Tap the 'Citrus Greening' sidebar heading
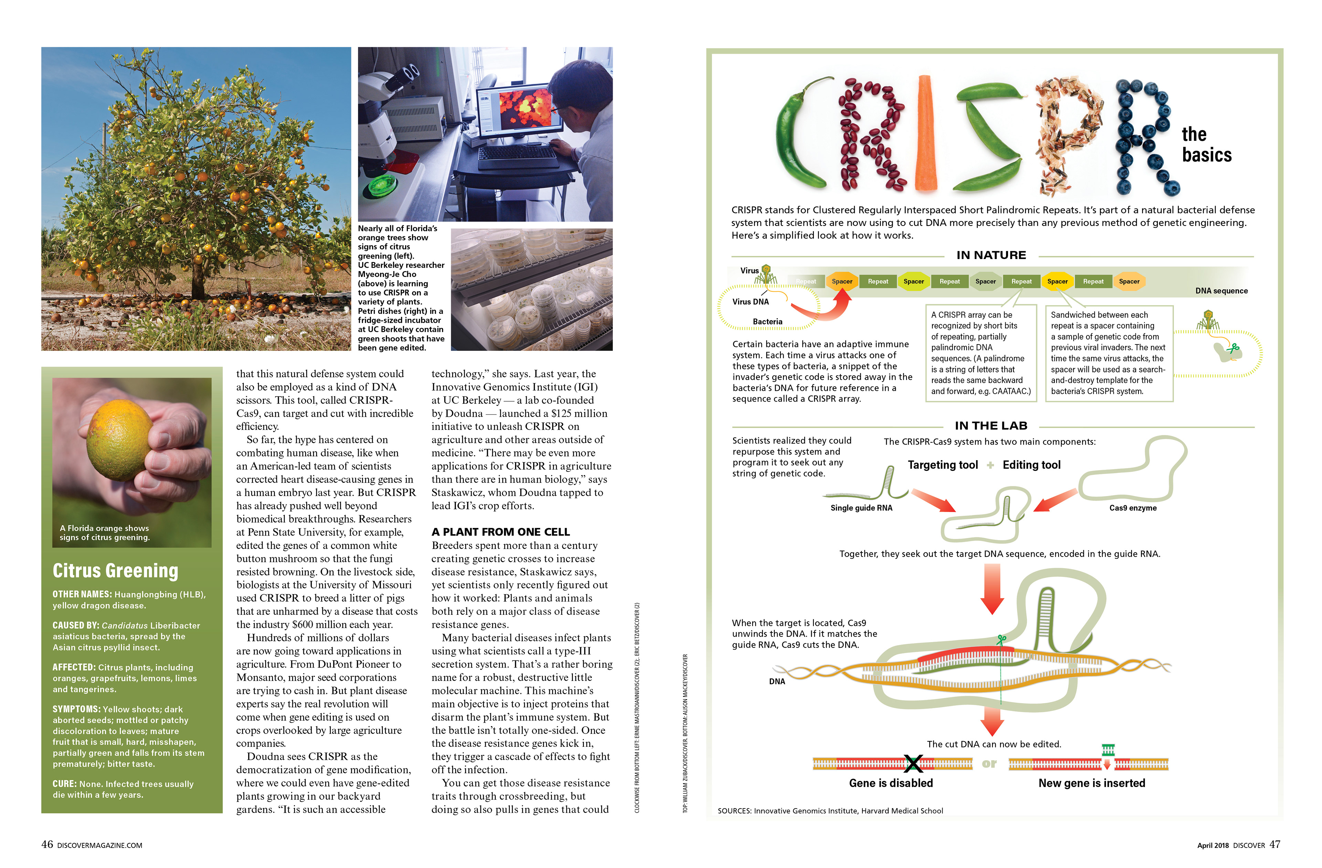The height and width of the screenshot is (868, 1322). tap(116, 571)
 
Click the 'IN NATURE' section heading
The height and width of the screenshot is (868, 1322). tap(991, 255)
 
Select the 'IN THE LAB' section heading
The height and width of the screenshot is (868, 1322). tap(991, 426)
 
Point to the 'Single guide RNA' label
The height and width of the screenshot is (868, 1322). tap(861, 508)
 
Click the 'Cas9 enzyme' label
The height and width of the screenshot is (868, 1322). tap(1133, 508)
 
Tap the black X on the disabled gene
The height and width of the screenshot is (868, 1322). tap(913, 764)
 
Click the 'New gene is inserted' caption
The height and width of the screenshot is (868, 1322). tap(1091, 783)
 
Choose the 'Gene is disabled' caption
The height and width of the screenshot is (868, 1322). tap(891, 783)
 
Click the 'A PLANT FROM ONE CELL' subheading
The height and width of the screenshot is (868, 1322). tap(501, 532)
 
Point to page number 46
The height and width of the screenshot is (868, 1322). tap(47, 845)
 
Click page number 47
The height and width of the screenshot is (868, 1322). tap(1275, 845)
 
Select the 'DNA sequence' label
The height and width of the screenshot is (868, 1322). tap(1221, 291)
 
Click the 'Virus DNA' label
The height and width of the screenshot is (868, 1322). tap(751, 302)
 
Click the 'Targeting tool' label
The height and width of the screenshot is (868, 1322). tap(943, 465)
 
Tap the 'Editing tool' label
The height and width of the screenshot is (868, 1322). tap(1031, 465)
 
